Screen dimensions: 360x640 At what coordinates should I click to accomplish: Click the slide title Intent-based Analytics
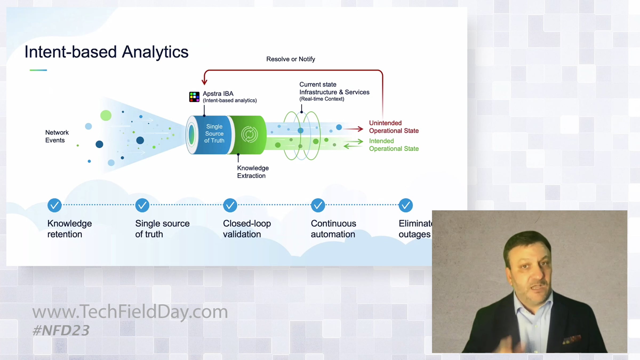coord(106,52)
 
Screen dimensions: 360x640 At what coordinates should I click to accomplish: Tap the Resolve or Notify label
coord(290,59)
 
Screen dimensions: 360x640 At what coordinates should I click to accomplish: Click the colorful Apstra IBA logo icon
coord(194,97)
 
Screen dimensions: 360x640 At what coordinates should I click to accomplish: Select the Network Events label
coord(57,136)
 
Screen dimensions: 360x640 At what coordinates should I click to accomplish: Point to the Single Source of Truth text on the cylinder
coord(214,134)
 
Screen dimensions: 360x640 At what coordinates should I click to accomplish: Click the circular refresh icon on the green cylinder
coord(249,134)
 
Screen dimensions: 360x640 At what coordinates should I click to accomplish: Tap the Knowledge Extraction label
coord(253,172)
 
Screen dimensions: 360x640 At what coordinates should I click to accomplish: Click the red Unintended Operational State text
coord(394,127)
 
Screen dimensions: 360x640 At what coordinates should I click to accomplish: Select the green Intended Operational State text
coord(394,145)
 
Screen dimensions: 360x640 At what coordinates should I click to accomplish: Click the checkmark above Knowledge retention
coord(54,205)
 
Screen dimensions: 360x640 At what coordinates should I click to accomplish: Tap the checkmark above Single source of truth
coord(142,205)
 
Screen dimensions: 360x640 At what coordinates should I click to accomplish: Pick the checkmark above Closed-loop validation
coord(230,205)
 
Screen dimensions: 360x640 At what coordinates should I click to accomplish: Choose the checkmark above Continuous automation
coord(318,205)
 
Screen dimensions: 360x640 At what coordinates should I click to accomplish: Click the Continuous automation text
coord(333,229)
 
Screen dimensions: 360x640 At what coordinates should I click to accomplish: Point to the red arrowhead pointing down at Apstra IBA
coord(205,81)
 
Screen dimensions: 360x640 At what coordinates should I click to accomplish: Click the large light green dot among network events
coord(106,115)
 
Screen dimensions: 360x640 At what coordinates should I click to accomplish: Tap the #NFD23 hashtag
coord(61,331)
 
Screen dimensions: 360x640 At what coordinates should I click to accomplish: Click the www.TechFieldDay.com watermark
coord(130,311)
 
